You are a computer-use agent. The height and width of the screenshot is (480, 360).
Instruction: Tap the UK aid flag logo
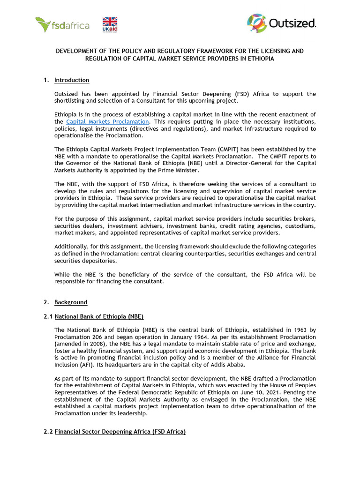(110, 24)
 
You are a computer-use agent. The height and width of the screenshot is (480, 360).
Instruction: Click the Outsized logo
(282, 23)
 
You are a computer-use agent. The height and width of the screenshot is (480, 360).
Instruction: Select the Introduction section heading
(72, 80)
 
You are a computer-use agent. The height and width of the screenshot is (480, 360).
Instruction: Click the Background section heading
(71, 302)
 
